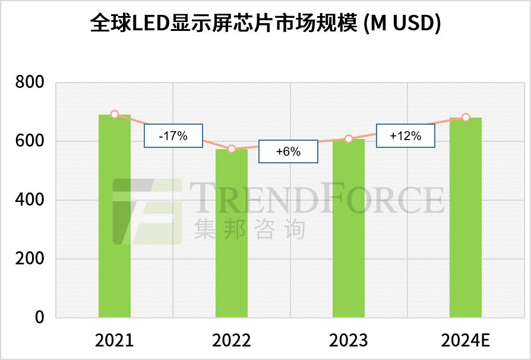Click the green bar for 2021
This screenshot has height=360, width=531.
click(x=114, y=216)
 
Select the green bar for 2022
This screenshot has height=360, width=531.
click(x=231, y=233)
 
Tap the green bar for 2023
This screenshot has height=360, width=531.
click(x=348, y=229)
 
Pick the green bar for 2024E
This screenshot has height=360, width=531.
click(x=465, y=217)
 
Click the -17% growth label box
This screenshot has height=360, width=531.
click(x=173, y=136)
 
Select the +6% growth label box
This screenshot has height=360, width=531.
click(x=288, y=151)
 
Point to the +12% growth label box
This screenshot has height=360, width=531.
click(x=405, y=135)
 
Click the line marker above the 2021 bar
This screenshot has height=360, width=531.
click(x=115, y=115)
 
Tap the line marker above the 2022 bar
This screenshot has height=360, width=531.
click(x=232, y=149)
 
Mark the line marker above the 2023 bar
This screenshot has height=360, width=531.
click(x=349, y=139)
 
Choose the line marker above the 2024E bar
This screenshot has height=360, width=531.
click(x=466, y=118)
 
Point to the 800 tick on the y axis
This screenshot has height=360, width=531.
click(x=29, y=83)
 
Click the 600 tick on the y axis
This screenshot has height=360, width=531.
click(x=29, y=141)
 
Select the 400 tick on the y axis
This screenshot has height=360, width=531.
click(x=29, y=200)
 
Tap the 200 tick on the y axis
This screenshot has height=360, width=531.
click(x=29, y=259)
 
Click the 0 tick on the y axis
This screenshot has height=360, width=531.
click(x=39, y=318)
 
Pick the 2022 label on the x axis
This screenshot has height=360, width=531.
click(x=231, y=340)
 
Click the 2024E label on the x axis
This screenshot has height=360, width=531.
click(x=465, y=340)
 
